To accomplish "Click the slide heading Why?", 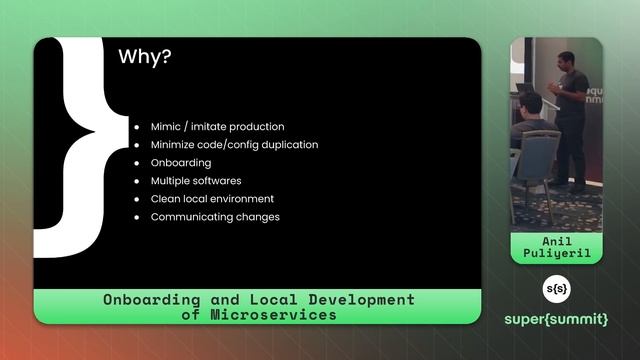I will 145,57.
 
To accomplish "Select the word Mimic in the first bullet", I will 167,127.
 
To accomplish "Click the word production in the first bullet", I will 254,127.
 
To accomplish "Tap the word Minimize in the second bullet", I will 175,145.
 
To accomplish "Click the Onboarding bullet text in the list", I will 181,163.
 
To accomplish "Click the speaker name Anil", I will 556,241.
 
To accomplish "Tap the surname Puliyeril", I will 556,254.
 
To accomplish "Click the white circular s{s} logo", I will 556,290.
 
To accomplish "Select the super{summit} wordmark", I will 556,320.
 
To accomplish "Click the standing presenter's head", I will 566,60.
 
